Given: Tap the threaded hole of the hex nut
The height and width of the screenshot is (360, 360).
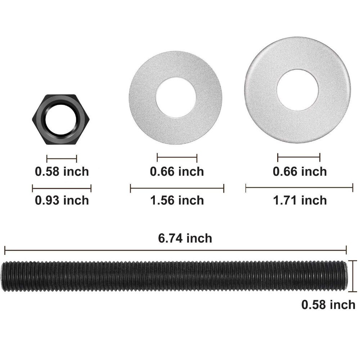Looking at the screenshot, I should coord(62,119).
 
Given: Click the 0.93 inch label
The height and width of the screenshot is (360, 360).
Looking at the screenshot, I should coord(62,200).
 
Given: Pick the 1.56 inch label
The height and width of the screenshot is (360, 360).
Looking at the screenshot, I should coord(177,200).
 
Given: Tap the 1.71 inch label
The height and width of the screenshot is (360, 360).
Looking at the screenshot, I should coord(300,200).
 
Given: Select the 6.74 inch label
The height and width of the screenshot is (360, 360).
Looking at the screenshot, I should coord(185,238).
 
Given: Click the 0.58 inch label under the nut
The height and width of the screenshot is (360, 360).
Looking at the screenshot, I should coord(62,171).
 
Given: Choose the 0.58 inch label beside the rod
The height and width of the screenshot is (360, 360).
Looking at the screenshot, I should coord(328,305).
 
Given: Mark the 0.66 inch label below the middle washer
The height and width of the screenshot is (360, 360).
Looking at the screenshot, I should coord(177,171).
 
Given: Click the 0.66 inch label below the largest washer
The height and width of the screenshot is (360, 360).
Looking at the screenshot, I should coord(300,171).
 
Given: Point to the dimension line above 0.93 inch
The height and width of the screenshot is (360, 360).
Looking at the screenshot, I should coord(62,188).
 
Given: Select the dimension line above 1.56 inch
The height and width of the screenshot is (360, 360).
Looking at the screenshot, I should coord(177,188).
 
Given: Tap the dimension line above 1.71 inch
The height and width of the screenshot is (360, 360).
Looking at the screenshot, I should coord(299,187).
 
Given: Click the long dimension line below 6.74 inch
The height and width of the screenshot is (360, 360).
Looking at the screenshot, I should coord(175,250).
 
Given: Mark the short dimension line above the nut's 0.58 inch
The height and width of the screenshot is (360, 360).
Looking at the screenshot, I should coord(62,158).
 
